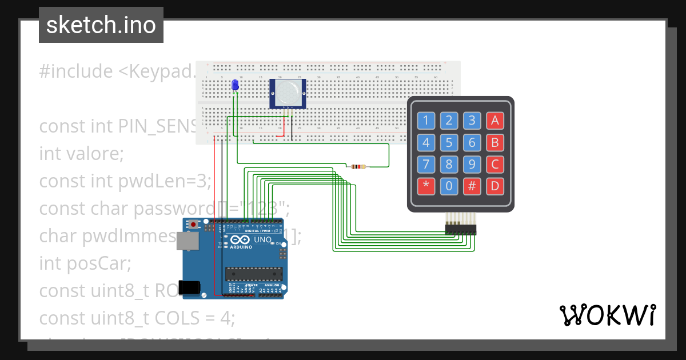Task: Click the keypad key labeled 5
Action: click(449, 142)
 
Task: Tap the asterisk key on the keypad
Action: click(426, 186)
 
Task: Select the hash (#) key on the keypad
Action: click(472, 186)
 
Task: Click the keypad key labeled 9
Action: click(472, 165)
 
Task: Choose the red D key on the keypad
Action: click(495, 186)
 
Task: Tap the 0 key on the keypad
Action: click(449, 186)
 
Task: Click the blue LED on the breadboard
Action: click(234, 85)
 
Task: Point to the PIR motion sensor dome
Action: click(288, 91)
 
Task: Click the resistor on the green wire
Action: click(358, 167)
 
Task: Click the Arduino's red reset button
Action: click(194, 225)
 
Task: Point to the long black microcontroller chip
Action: click(253, 274)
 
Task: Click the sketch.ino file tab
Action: click(101, 25)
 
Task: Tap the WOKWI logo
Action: click(607, 315)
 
